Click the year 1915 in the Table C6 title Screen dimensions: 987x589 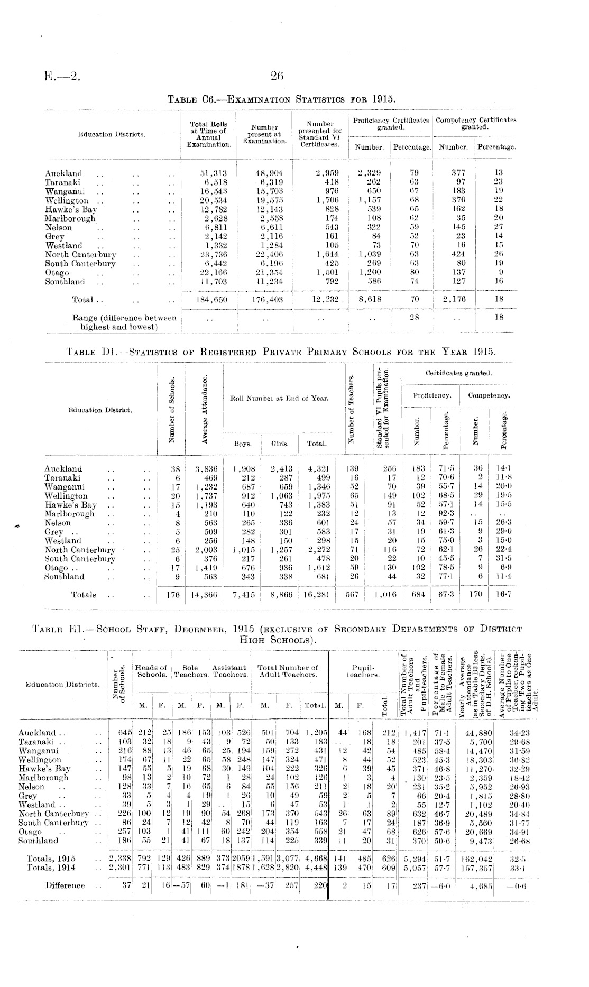[384, 98]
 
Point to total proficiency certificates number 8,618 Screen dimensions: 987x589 [370, 299]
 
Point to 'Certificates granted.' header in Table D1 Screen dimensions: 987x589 [459, 373]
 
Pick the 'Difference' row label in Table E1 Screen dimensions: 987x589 [65, 885]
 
